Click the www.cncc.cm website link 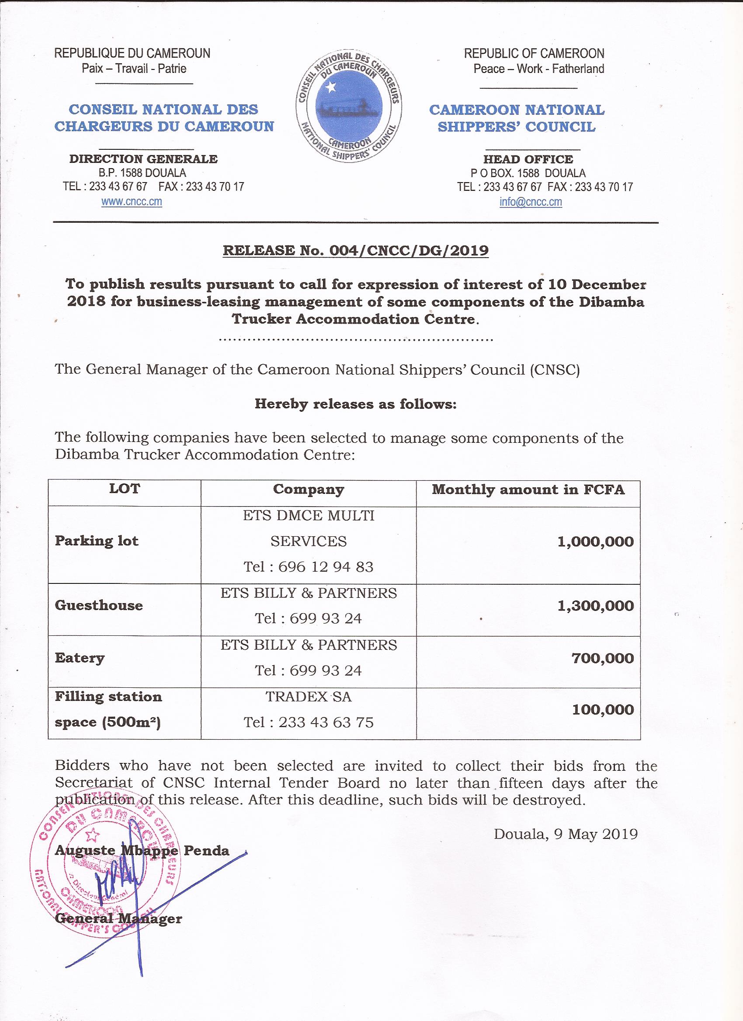tap(132, 202)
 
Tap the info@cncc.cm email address tap(530, 202)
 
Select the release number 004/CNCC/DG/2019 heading tap(355, 250)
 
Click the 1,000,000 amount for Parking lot tap(595, 541)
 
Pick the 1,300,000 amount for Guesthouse tap(595, 606)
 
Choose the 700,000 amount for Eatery tap(602, 659)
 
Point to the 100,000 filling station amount tap(602, 710)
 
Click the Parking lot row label tap(97, 541)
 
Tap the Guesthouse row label tap(99, 606)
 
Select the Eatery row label tap(79, 659)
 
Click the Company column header tap(308, 490)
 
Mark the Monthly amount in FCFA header tap(528, 490)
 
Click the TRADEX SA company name tap(308, 697)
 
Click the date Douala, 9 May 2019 tap(566, 834)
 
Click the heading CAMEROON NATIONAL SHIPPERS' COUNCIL tap(517, 118)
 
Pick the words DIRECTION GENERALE tap(143, 159)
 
